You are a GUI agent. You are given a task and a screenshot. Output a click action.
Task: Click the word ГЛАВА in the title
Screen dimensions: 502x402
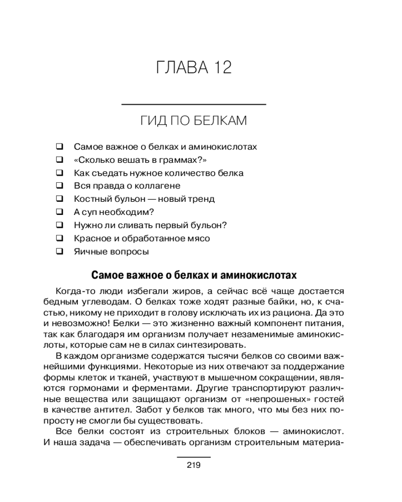[180, 67]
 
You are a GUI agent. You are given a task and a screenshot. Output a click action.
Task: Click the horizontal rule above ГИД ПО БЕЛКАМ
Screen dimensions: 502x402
[194, 104]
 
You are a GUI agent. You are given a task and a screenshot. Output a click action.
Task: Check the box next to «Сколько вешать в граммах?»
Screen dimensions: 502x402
[59, 160]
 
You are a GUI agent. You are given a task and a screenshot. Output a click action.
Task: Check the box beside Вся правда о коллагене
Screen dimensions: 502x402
[59, 186]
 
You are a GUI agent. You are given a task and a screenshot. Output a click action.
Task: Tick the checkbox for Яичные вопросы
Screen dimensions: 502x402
[59, 252]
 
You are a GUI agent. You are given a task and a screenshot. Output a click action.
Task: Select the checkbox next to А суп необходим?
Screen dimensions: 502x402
[59, 212]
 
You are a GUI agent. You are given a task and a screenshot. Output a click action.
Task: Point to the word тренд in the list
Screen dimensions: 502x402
[200, 199]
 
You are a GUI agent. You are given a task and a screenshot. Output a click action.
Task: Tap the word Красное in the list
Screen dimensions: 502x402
[91, 238]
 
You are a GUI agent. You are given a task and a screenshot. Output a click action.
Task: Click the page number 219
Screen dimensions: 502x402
[193, 465]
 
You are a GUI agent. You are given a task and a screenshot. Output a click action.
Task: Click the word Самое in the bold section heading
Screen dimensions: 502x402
[104, 276]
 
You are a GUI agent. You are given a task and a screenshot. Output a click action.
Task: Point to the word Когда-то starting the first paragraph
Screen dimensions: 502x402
[75, 292]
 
